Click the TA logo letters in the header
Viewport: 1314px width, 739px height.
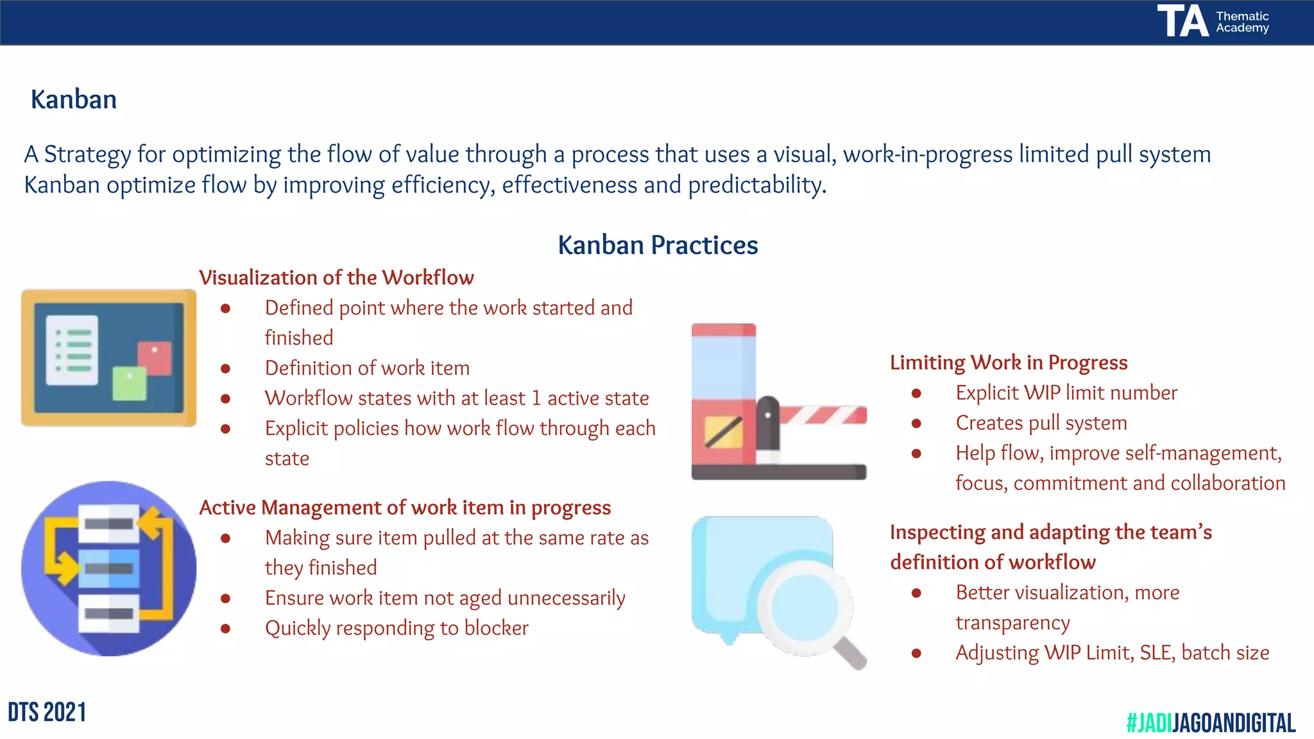tap(1182, 21)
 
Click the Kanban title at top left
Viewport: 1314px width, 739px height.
tap(74, 100)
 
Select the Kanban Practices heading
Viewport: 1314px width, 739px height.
tap(658, 245)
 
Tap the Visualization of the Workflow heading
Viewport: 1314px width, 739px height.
tap(336, 278)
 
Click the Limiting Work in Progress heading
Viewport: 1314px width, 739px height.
tap(1008, 362)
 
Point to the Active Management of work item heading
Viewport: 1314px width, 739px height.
tap(405, 507)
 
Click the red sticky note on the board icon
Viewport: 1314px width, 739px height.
tap(155, 358)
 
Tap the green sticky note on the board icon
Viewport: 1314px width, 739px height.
tap(130, 383)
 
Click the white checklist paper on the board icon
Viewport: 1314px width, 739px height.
tap(73, 350)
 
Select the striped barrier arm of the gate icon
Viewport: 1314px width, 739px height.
tap(824, 416)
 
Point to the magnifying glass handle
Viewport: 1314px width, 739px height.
tap(851, 653)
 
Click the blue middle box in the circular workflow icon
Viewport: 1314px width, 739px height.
tap(108, 568)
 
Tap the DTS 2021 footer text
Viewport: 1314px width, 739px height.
tap(47, 713)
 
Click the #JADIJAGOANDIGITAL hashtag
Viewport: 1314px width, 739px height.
tap(1211, 723)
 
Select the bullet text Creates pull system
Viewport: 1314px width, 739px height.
tap(1041, 423)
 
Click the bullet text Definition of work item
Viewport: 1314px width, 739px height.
tap(367, 368)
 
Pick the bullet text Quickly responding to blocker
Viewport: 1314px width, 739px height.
tap(397, 628)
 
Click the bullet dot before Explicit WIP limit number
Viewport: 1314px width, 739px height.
tap(916, 393)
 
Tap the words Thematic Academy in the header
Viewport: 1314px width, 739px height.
tap(1242, 22)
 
